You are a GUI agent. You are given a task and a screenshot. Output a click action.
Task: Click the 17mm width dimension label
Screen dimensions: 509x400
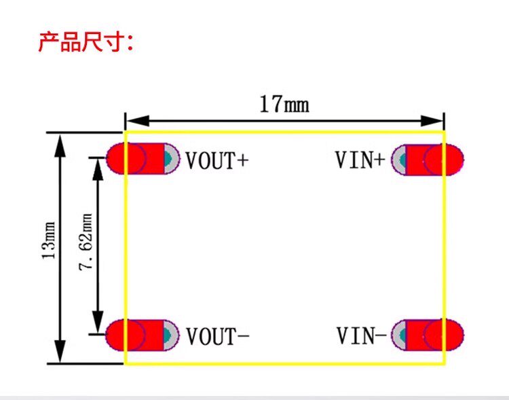point(284,105)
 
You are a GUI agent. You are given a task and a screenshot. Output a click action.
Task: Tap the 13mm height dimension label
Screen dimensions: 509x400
point(49,240)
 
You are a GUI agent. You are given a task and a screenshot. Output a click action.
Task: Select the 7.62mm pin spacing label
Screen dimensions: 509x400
point(86,242)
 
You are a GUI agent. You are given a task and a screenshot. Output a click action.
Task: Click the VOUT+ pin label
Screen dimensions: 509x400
point(217,160)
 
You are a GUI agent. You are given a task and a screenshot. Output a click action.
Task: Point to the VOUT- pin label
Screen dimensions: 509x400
point(217,336)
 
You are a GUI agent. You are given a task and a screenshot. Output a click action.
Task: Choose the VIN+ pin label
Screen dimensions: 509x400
point(360,160)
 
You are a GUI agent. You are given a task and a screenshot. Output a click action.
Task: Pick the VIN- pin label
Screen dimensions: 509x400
point(361,335)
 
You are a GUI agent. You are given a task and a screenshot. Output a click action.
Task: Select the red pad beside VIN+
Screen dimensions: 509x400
point(434,160)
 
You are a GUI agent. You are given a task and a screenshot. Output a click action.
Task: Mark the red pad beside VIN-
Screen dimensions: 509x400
point(434,335)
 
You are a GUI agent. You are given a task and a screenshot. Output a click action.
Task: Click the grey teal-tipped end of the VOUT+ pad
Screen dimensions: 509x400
point(172,158)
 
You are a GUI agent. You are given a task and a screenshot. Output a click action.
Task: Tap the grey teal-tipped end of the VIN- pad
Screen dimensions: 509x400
point(398,335)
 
